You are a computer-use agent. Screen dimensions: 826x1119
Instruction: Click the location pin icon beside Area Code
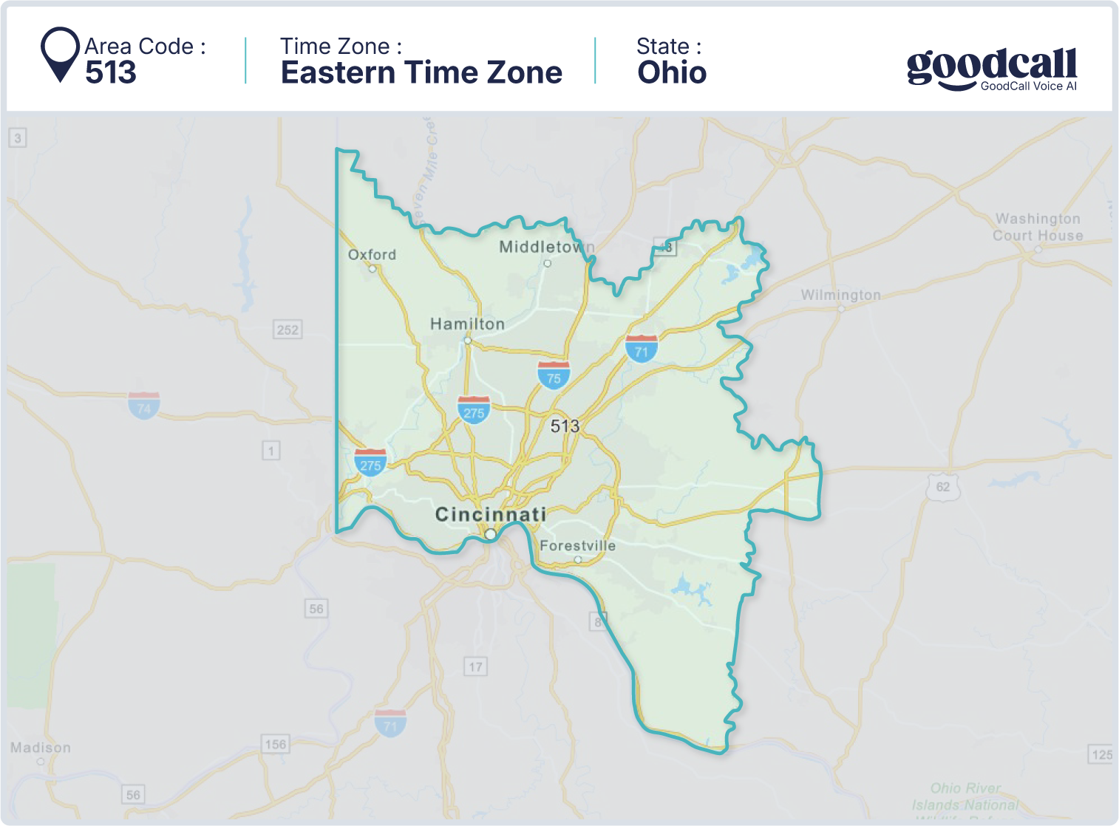60,54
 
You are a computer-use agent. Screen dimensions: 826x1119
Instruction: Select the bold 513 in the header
111,72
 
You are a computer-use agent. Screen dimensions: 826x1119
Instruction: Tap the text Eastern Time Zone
421,72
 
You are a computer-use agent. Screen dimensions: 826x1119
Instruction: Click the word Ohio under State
672,72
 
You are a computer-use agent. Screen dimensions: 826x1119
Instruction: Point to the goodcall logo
991,69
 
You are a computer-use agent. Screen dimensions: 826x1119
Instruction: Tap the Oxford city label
372,255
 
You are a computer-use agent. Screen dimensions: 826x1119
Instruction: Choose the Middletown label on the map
545,247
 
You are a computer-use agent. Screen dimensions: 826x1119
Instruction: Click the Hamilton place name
467,324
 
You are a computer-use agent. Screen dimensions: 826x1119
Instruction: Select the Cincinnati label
491,514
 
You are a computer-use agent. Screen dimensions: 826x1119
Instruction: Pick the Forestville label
577,546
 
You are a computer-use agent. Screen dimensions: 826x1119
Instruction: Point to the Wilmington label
840,295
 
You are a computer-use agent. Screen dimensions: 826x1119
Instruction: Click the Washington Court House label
1038,227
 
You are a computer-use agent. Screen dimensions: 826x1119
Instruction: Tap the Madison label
41,748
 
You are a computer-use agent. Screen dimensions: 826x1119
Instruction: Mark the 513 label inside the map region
565,426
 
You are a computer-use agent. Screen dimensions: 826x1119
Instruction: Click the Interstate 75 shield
554,375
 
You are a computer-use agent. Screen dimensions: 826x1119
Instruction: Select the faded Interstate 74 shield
144,406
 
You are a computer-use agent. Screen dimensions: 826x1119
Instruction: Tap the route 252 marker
288,330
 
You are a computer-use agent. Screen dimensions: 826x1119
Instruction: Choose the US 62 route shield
942,487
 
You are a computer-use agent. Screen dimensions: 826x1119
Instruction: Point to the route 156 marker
275,744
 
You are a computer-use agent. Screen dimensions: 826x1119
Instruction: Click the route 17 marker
475,667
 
